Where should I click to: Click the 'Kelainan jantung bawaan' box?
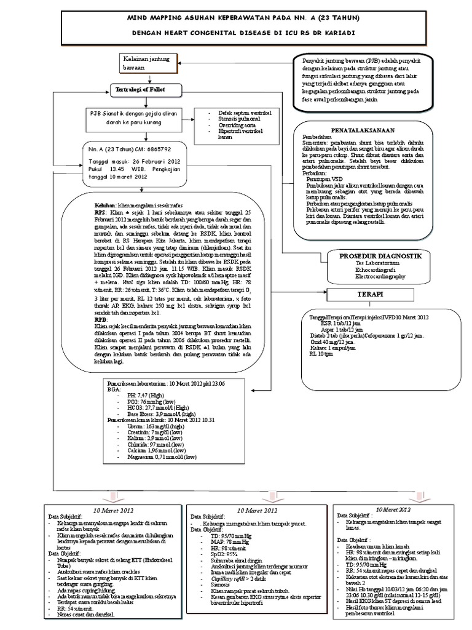click(144, 63)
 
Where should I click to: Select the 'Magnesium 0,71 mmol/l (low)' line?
click(162, 457)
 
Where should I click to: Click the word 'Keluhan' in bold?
click(104, 204)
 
